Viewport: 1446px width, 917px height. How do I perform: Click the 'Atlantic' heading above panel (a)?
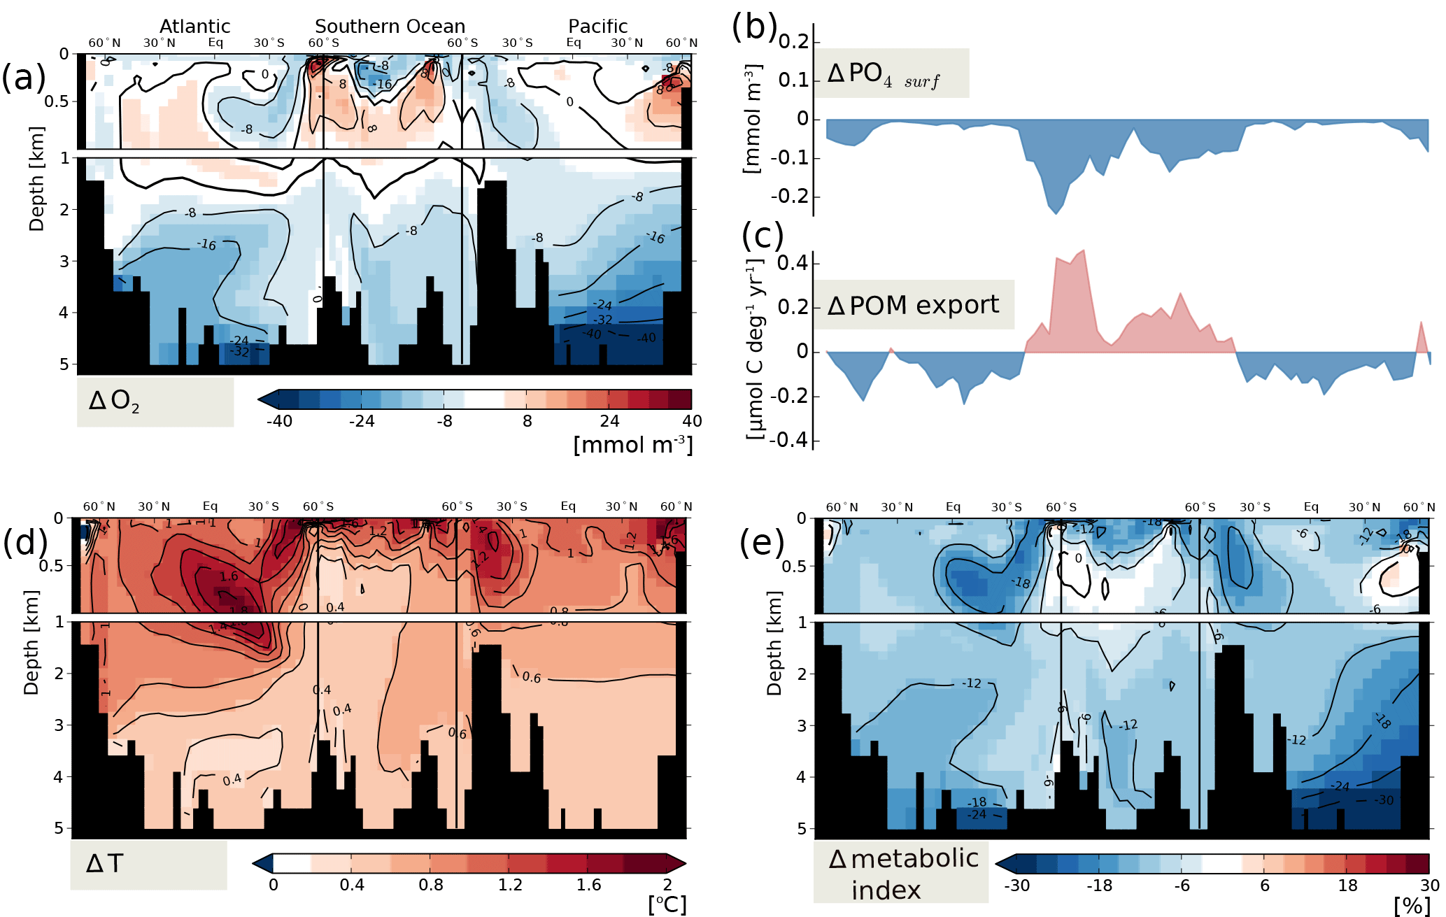click(194, 26)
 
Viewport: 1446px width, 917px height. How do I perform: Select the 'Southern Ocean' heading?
click(390, 26)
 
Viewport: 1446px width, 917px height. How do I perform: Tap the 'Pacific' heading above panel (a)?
click(597, 26)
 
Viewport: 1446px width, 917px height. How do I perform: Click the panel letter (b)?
click(754, 27)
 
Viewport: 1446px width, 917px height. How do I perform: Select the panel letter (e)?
click(762, 543)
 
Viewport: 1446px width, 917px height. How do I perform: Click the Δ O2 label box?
click(155, 401)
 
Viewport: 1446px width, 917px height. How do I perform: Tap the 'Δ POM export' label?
click(913, 305)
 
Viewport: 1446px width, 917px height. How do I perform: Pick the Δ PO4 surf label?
click(891, 73)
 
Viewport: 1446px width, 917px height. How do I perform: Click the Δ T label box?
click(148, 865)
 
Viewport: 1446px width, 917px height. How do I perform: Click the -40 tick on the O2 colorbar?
click(279, 421)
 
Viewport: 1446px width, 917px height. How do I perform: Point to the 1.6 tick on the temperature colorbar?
click(588, 885)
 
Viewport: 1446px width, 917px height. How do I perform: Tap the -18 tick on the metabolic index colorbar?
click(1099, 886)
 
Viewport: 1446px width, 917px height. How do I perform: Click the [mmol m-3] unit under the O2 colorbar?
click(632, 445)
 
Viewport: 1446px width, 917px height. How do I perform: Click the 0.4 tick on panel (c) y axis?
click(793, 264)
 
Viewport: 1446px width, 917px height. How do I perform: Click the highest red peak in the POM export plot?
click(1083, 250)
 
